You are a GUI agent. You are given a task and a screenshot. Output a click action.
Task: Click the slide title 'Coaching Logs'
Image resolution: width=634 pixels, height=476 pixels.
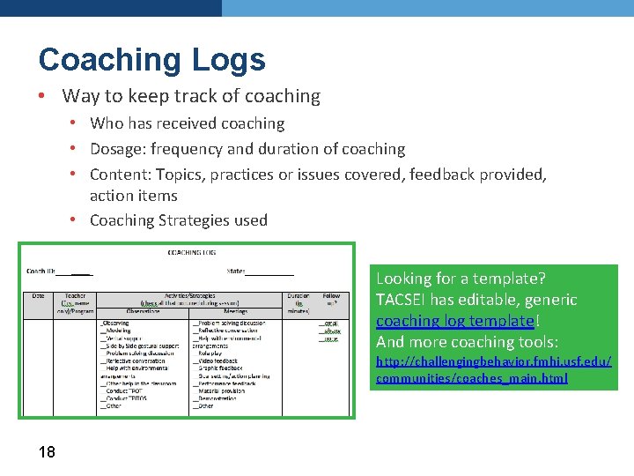point(151,59)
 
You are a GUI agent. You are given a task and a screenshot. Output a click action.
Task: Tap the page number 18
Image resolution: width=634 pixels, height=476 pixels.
point(47,452)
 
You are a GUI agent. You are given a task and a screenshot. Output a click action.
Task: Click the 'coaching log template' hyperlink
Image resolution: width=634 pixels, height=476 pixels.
point(454,321)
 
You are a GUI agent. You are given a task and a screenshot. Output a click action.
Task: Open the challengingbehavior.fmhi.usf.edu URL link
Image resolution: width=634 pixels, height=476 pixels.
point(493,370)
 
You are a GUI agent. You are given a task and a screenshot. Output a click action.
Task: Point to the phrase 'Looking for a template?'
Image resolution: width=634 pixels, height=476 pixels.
point(461,279)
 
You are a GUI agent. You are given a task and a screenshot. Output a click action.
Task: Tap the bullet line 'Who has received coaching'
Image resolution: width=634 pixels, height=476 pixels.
point(187,123)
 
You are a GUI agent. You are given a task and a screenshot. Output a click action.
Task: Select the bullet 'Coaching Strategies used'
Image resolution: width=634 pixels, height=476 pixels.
point(178,220)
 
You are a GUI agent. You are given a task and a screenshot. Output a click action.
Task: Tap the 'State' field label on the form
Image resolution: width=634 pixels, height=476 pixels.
point(235,271)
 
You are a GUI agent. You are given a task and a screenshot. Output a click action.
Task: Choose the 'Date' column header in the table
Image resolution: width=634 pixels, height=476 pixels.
point(39,296)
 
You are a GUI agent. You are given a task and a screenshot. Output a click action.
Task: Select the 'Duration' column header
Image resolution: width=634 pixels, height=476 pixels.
point(298,297)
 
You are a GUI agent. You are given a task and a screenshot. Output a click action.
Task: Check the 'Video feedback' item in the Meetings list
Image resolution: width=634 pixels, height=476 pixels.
point(217,361)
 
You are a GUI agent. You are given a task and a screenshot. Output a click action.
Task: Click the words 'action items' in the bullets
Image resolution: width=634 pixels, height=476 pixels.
point(134,196)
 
